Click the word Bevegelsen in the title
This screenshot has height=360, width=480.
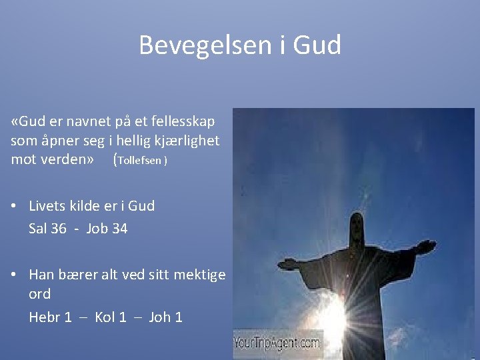[x=197, y=45]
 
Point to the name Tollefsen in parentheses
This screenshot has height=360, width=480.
[x=141, y=161]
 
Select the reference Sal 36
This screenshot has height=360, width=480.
[x=47, y=229]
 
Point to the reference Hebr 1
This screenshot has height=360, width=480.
[x=50, y=317]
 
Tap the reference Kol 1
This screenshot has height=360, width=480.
[x=111, y=317]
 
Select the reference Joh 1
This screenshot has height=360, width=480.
[x=165, y=317]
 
